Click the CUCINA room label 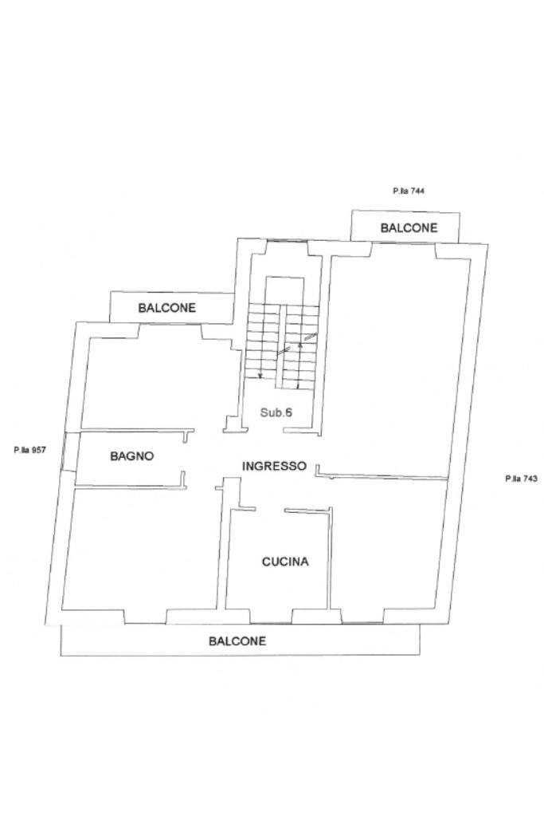285,562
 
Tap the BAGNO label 131,456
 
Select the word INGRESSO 273,466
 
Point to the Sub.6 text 277,412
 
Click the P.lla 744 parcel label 407,191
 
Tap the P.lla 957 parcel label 29,450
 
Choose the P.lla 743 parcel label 522,479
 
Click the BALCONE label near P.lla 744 409,228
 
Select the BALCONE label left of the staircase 166,308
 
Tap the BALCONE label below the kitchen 237,641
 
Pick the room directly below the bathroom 139,550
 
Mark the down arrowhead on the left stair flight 260,375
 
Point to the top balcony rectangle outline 406,215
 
